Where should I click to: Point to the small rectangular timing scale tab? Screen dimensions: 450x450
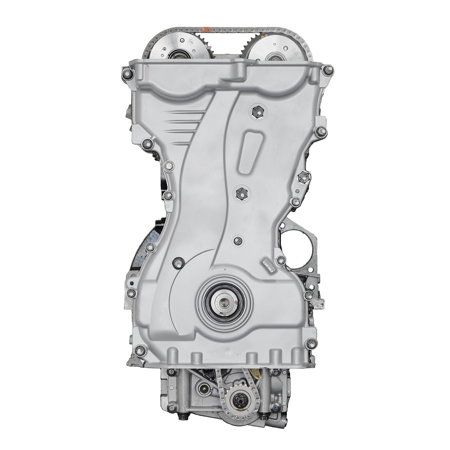tap(268, 265)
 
